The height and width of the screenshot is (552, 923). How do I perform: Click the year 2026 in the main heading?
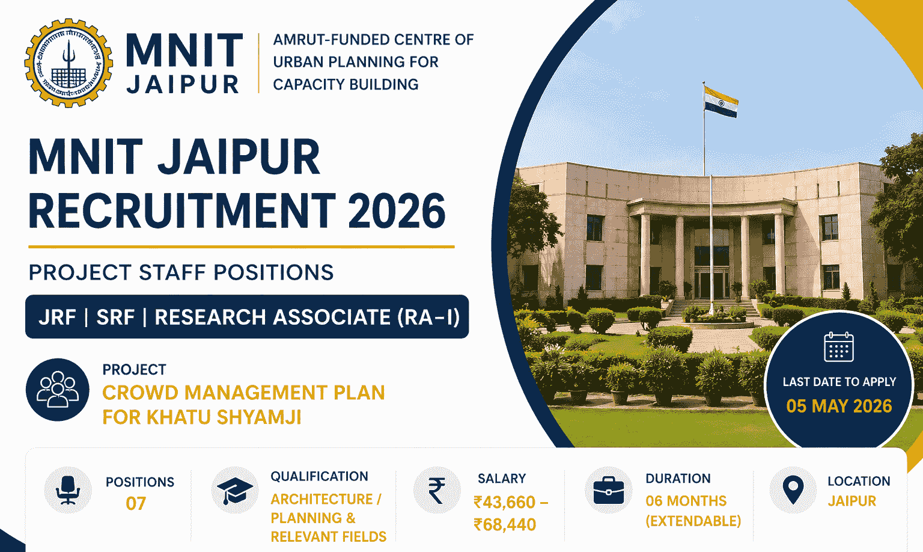pyautogui.click(x=397, y=211)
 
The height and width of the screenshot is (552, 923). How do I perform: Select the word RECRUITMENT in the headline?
pyautogui.click(x=181, y=211)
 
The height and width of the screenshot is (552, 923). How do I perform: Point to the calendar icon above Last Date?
pyautogui.click(x=838, y=347)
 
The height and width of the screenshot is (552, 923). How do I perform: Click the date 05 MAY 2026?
pyautogui.click(x=839, y=406)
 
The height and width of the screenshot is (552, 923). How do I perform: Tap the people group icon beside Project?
pyautogui.click(x=58, y=389)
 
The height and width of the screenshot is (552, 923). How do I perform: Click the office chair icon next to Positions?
pyautogui.click(x=68, y=490)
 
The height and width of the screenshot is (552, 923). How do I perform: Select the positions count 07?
pyautogui.click(x=136, y=503)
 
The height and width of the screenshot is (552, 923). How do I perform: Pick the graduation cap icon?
pyautogui.click(x=235, y=490)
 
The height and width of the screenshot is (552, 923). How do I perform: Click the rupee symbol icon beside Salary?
pyautogui.click(x=437, y=490)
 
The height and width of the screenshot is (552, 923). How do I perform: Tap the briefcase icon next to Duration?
pyautogui.click(x=608, y=490)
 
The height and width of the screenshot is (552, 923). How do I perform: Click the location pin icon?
pyautogui.click(x=793, y=490)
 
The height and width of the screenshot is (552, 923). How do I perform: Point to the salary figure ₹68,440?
pyautogui.click(x=505, y=525)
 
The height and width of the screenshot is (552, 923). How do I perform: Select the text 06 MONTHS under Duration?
pyautogui.click(x=686, y=501)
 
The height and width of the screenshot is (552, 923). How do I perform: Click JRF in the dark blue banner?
pyautogui.click(x=57, y=317)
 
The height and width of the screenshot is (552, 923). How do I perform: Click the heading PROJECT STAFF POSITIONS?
pyautogui.click(x=181, y=272)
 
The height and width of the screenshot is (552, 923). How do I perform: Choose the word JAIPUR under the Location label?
pyautogui.click(x=851, y=501)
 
